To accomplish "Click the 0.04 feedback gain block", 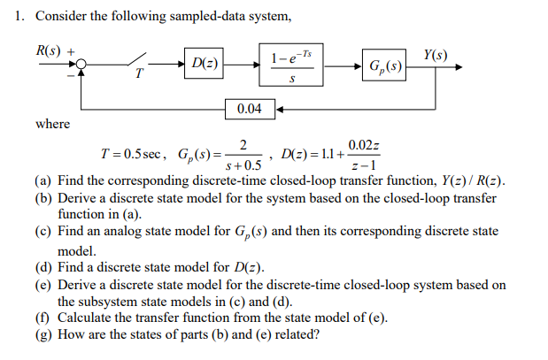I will (x=250, y=109).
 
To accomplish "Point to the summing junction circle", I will (x=81, y=65).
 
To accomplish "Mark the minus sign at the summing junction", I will (x=71, y=76).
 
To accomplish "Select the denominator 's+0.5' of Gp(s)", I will (x=244, y=165).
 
